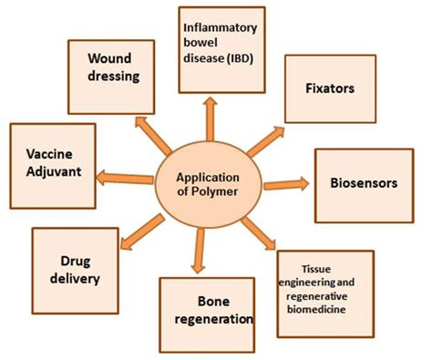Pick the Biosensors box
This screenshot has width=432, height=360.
click(364, 182)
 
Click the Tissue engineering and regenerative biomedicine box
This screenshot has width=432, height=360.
click(324, 292)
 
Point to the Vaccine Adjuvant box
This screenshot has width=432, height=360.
click(51, 159)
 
